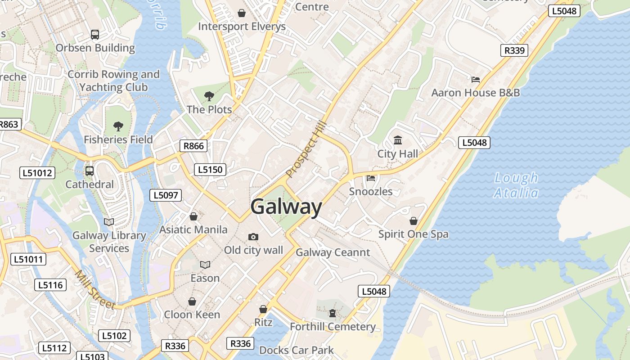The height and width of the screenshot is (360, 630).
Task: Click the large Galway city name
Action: coord(286,207)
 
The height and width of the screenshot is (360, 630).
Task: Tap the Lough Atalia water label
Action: coord(516,185)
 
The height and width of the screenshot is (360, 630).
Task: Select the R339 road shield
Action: coord(514,50)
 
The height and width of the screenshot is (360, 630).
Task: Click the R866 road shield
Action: coord(193,146)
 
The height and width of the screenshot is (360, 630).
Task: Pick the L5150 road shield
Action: coord(210,170)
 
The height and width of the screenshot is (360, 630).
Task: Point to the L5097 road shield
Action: coord(166,195)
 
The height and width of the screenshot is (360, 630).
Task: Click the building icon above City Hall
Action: coord(398,141)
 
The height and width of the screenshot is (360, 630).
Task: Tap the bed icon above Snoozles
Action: coord(371,178)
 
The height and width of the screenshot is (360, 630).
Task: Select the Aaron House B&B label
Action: coord(475,93)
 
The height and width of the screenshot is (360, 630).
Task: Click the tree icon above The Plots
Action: coord(209,96)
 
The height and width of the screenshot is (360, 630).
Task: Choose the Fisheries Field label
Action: coord(118,139)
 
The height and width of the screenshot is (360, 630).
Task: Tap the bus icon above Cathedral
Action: coord(90,171)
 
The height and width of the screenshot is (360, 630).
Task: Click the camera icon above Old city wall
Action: coord(253,237)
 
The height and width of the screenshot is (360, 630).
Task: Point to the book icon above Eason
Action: coord(205,265)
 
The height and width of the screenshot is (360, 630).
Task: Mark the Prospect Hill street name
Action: coord(305,152)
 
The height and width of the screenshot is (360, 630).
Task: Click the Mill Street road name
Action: coord(95,290)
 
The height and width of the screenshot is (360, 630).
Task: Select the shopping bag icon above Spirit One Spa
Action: coord(414,221)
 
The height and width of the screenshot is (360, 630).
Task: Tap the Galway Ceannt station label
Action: coord(333,252)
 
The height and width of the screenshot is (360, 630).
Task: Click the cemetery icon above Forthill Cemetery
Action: coord(333,313)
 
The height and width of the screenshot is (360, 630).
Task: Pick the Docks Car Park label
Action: coord(297,350)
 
